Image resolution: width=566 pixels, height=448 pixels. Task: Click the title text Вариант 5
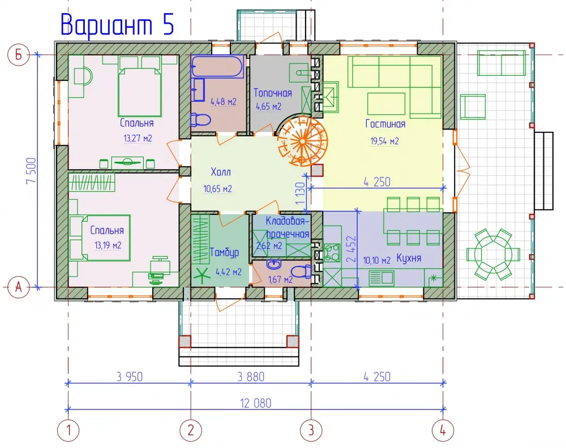click(x=117, y=24)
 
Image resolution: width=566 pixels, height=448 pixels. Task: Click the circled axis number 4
click(x=443, y=430)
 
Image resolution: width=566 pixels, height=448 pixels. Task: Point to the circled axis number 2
click(x=191, y=430)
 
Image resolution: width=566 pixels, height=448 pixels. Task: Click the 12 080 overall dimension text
click(x=256, y=403)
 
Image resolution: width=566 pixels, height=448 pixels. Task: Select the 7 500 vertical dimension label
click(x=31, y=171)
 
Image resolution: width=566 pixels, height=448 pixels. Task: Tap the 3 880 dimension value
click(x=251, y=377)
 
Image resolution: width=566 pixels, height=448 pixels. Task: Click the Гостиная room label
click(x=385, y=124)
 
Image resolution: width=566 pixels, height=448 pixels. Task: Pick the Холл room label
click(x=221, y=172)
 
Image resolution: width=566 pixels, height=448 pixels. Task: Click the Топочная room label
click(x=273, y=93)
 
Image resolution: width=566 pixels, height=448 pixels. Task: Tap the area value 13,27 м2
click(x=138, y=138)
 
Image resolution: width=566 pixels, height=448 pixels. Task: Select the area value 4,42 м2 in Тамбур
click(x=229, y=272)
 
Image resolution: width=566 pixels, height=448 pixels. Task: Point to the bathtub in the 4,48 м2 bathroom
click(x=218, y=66)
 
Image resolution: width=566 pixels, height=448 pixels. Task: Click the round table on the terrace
click(x=493, y=255)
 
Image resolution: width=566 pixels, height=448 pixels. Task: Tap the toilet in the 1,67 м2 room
click(x=301, y=272)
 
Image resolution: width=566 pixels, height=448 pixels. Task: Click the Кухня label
click(x=409, y=258)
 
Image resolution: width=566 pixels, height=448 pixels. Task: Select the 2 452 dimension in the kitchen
click(x=351, y=249)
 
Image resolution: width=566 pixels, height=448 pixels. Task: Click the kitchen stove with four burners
click(x=332, y=252)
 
